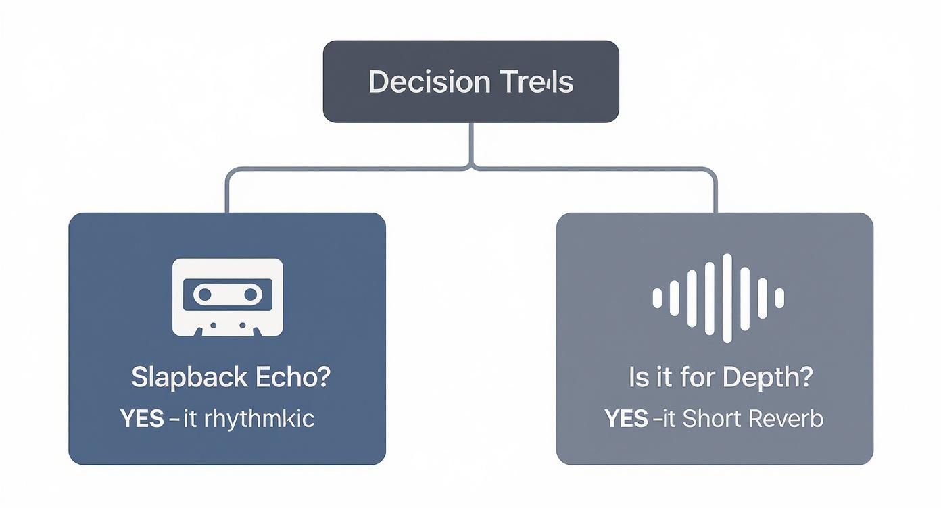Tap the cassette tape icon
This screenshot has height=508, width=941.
[x=227, y=297]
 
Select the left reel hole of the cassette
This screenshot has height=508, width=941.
[x=204, y=294]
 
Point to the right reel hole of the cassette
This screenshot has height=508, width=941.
[x=250, y=294]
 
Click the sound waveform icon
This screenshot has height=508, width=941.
[x=718, y=298]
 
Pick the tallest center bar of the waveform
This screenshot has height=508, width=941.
[x=727, y=298]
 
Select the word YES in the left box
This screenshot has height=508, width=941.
[x=142, y=419]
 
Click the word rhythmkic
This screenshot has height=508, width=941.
[x=259, y=419]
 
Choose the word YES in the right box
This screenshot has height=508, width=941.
[x=627, y=419]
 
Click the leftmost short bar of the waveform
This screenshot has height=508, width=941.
[x=656, y=298]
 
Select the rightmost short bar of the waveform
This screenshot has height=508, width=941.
[x=779, y=298]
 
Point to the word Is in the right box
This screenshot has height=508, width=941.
[x=638, y=378]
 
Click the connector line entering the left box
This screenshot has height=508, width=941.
[x=226, y=196]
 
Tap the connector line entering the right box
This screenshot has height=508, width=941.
[x=715, y=196]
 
